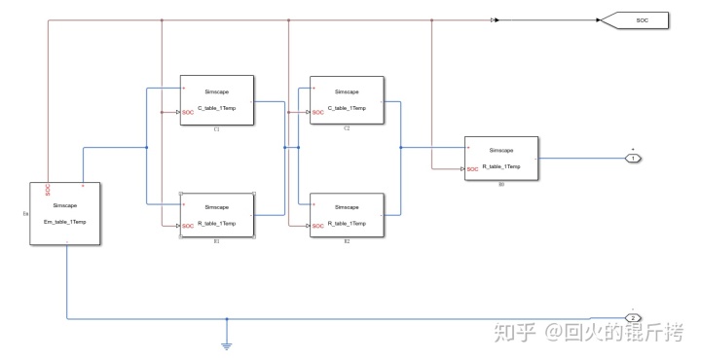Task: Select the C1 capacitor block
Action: pos(216,99)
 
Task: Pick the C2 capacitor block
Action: pos(347,99)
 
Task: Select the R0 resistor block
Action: pos(500,159)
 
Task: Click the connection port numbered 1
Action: pos(633,158)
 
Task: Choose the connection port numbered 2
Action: pos(633,318)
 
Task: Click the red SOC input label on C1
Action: pos(188,112)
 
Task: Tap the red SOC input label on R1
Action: pos(188,227)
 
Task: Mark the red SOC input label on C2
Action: pos(318,112)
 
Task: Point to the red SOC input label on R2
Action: pos(318,227)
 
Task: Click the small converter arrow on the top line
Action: pos(496,18)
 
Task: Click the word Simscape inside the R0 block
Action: pos(501,150)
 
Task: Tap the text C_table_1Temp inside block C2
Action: pos(347,107)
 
